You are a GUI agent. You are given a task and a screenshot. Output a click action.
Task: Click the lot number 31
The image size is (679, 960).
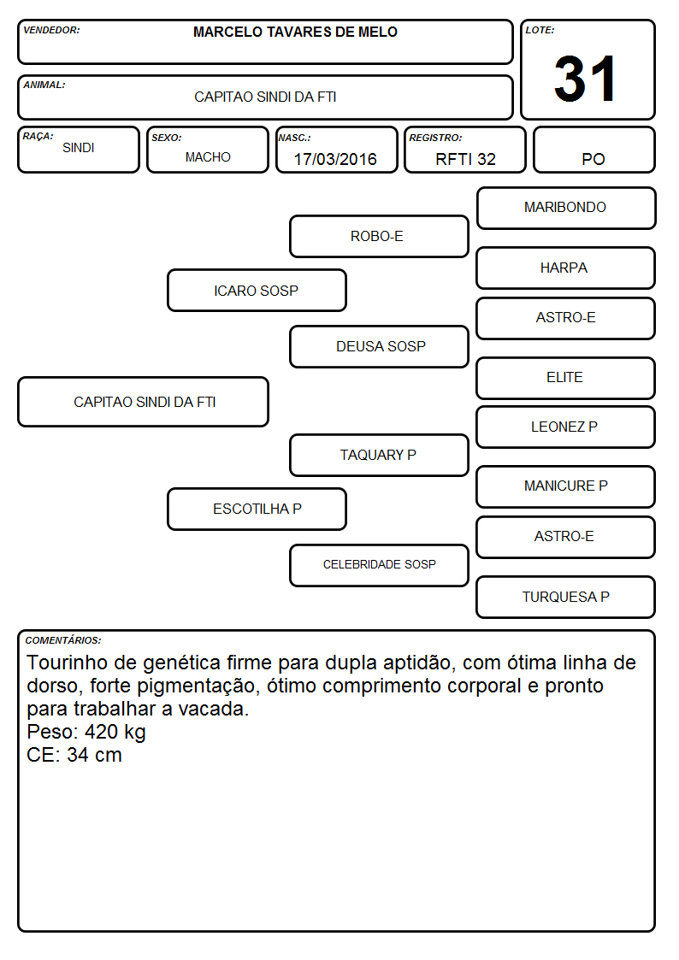585,79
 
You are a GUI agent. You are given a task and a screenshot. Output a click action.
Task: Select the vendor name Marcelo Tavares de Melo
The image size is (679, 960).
295,32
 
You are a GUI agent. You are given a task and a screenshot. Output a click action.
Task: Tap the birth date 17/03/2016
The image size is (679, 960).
335,159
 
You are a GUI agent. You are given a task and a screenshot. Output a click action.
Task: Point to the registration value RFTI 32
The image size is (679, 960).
465,159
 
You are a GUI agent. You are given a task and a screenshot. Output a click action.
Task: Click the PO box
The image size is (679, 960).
593,150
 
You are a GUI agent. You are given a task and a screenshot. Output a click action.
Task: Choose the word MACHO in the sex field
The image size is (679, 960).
208,156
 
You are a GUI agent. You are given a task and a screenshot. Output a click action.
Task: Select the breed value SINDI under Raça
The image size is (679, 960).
79,148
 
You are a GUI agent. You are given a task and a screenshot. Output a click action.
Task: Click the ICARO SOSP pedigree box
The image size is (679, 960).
257,290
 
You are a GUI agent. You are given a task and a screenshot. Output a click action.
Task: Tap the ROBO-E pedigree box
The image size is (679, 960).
379,236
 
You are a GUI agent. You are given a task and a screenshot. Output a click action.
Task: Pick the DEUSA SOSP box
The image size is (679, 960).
379,346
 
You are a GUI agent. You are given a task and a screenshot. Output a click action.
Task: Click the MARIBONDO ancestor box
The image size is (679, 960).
566,209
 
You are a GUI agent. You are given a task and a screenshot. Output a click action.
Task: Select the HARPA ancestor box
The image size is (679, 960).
566,268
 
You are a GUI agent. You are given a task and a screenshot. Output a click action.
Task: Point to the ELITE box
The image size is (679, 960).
566,379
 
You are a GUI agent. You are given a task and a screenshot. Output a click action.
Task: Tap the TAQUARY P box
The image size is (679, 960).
379,455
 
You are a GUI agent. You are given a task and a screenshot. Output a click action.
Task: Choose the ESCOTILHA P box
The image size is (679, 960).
257,509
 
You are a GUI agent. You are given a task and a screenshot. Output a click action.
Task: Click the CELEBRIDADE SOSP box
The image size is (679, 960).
379,565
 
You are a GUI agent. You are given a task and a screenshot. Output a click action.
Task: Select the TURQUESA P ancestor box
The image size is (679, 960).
566,597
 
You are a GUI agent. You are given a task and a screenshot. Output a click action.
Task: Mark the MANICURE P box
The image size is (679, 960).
566,486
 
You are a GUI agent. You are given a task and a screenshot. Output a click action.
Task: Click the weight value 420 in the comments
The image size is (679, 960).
101,732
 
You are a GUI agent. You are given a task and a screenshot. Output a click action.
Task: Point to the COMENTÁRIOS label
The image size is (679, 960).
63,640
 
